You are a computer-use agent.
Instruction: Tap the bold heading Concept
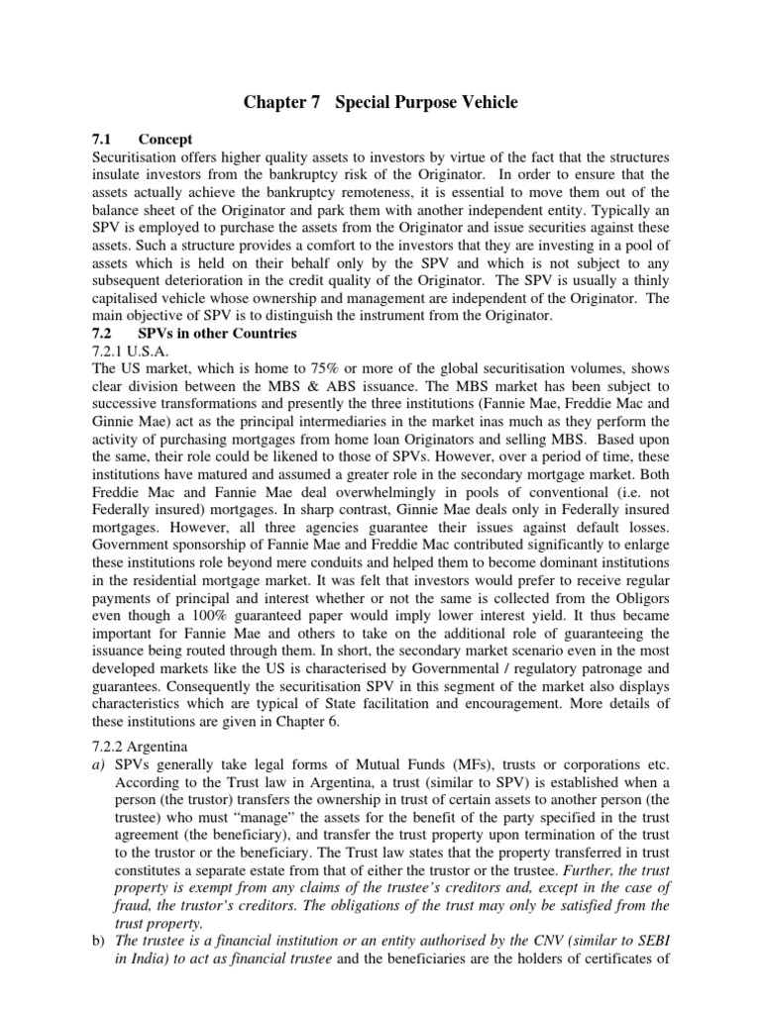pos(165,140)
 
